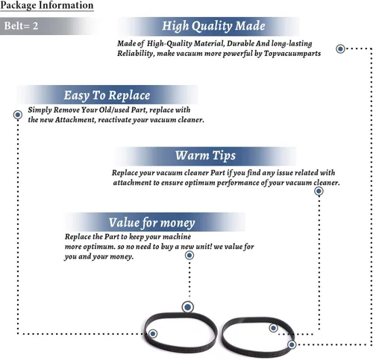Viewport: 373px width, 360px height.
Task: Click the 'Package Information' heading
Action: pos(47,5)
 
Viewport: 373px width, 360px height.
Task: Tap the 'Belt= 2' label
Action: pos(21,26)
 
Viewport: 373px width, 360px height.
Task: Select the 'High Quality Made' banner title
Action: pos(213,26)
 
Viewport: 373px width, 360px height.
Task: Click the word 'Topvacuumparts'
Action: pos(292,54)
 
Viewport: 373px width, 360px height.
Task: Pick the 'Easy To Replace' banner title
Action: pos(107,95)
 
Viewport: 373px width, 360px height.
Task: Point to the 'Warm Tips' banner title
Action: pos(205,156)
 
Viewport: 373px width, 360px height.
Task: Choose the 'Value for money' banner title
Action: pos(151,223)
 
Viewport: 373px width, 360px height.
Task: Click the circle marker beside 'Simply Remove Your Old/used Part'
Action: pos(18,115)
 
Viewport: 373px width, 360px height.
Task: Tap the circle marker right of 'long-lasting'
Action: pos(340,48)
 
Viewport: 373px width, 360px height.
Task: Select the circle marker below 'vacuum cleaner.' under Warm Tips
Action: pos(319,192)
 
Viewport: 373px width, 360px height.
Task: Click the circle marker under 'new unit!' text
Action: pos(189,256)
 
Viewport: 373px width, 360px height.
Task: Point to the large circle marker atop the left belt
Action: pos(188,307)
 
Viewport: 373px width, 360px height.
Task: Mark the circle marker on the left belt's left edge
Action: pos(153,333)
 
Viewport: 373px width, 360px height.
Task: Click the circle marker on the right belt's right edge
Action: pos(292,344)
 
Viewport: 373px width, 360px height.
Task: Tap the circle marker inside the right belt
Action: pos(273,328)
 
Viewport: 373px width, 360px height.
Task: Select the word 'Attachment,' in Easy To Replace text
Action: pos(75,120)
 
